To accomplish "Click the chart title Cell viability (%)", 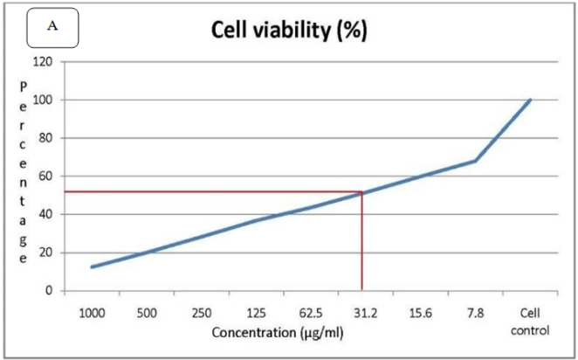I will (x=289, y=30).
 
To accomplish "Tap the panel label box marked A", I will (x=53, y=28).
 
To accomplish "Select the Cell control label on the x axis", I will (x=530, y=321).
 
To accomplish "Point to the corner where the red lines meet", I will (x=361, y=191).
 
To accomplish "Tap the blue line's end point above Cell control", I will (x=530, y=100).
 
